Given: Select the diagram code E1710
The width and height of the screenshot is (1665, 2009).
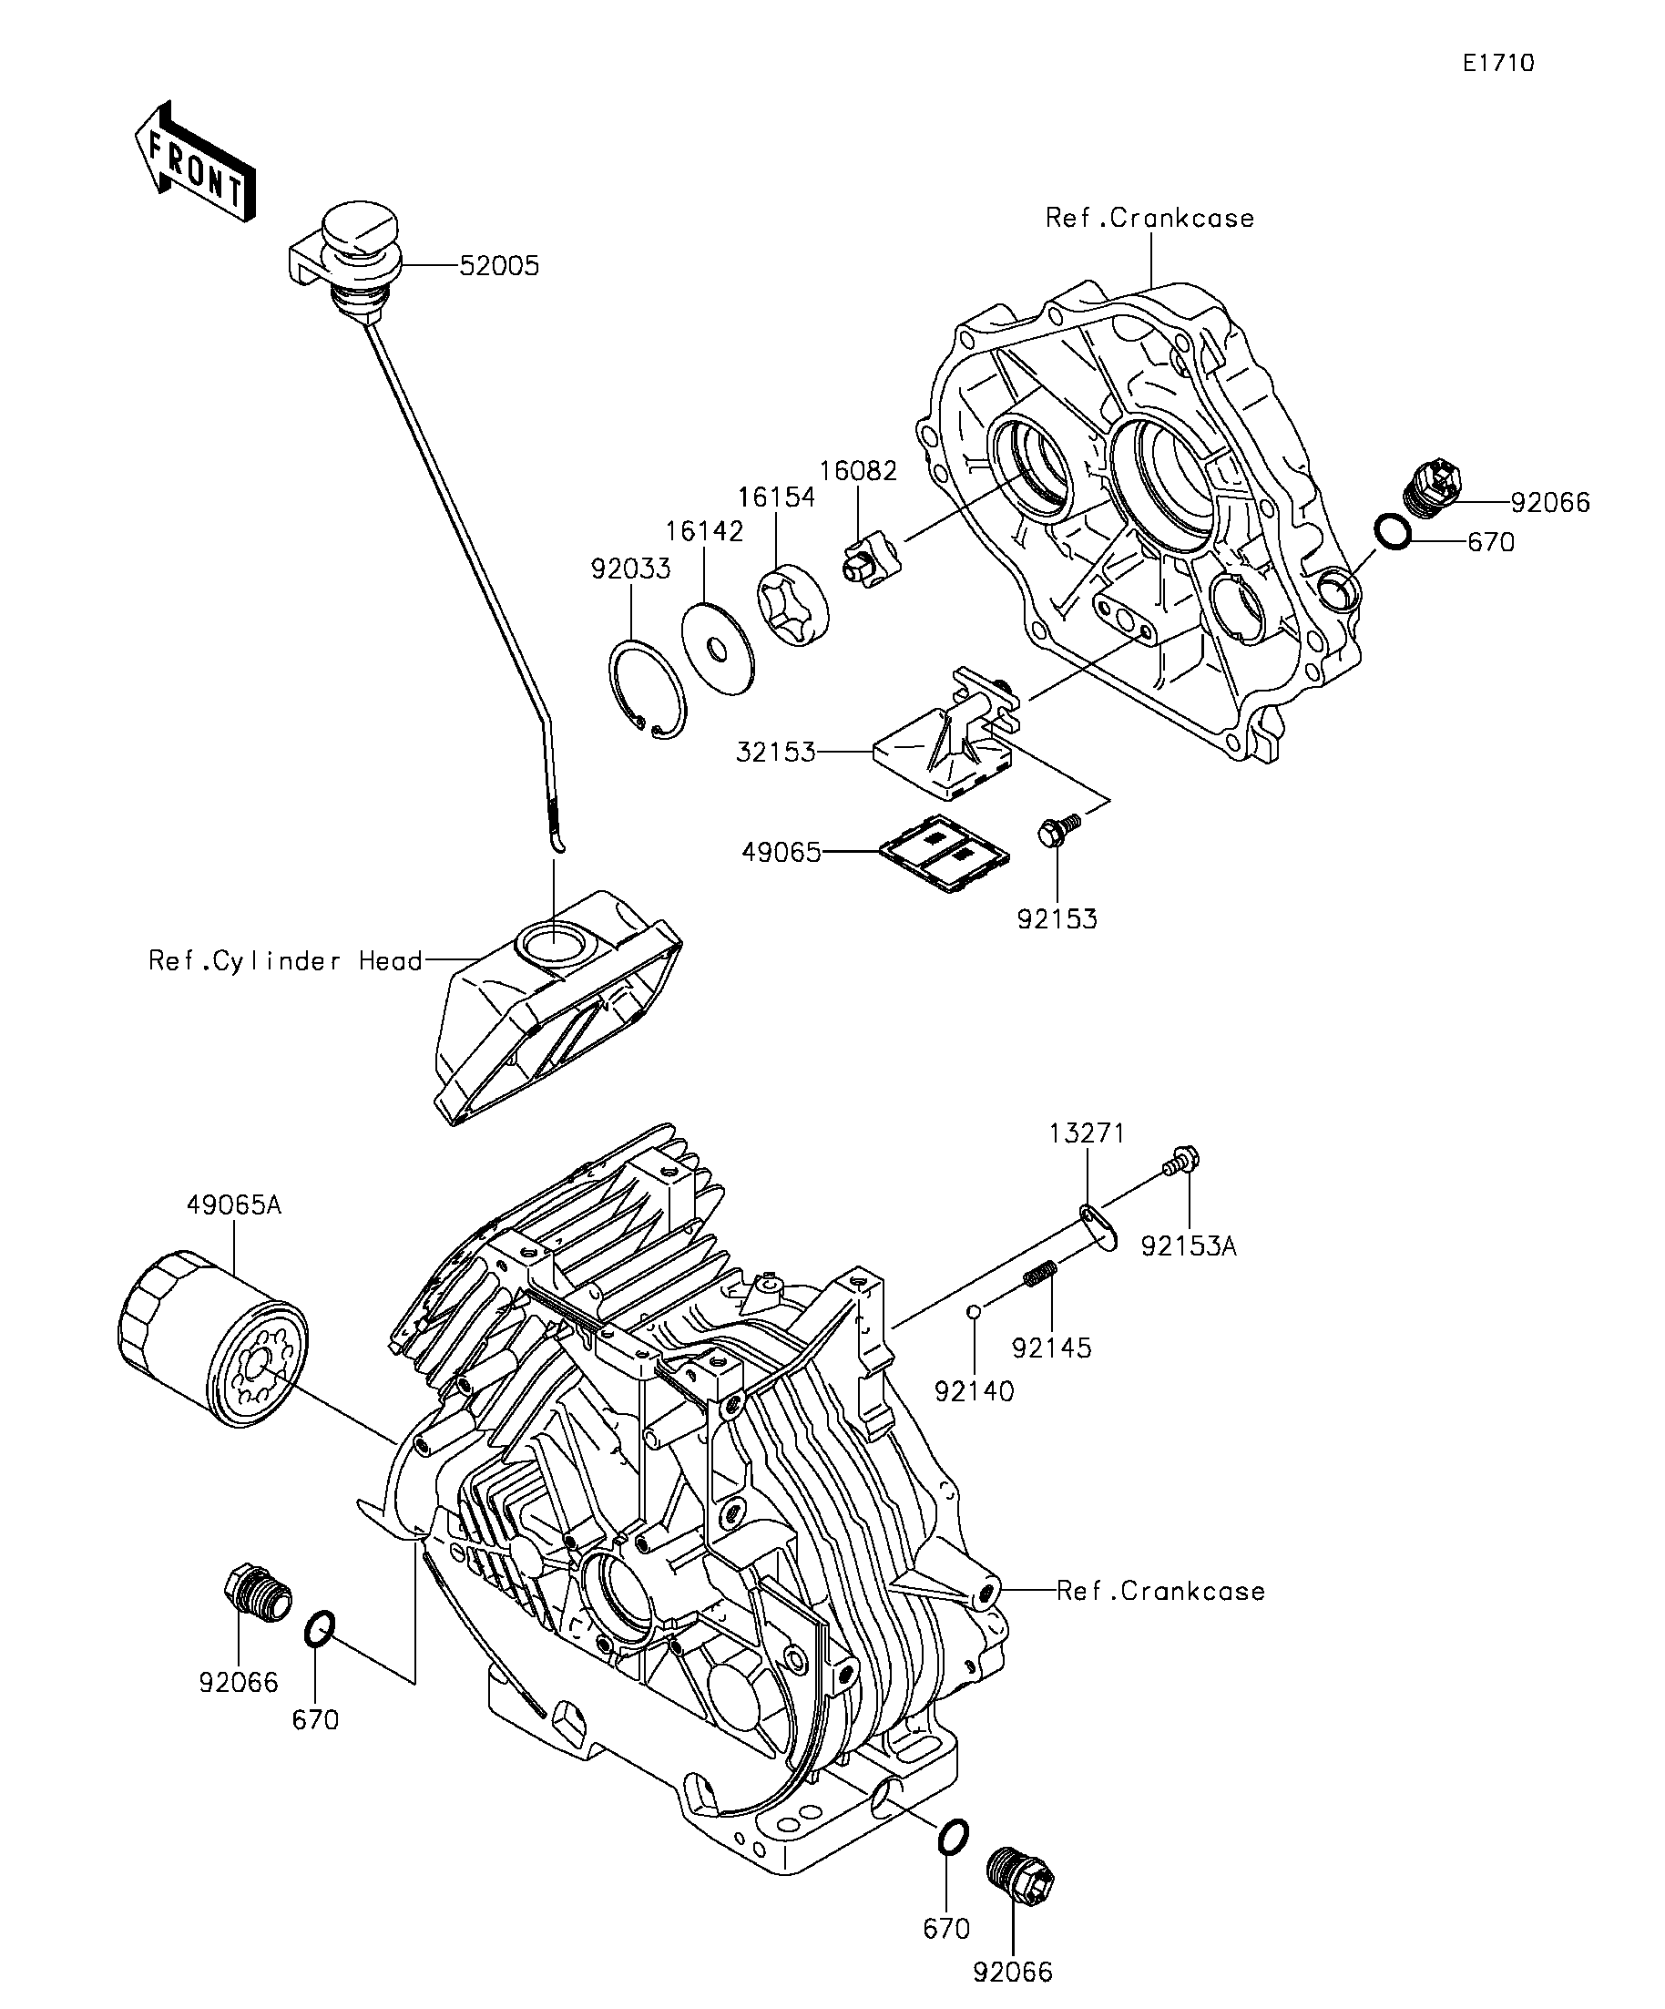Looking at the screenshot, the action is tap(1498, 63).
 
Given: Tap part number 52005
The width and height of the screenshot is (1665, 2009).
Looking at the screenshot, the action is tap(499, 266).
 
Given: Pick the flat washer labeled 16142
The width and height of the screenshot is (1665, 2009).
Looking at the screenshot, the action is tap(716, 648).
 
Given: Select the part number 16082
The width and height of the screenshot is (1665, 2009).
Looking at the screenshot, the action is tap(858, 471).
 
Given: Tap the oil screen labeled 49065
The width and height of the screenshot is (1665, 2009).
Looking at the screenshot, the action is tap(945, 851).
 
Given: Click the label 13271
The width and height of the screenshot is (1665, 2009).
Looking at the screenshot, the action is tap(1087, 1133).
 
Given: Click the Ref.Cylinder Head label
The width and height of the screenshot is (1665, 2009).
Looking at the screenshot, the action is tap(285, 960).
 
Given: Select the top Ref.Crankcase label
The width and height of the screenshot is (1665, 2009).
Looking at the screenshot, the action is tap(1149, 218).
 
